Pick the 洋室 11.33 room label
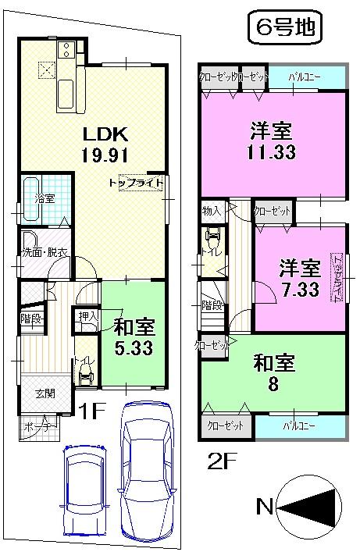(273, 141)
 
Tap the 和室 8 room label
(273, 372)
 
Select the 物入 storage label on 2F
(211, 210)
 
